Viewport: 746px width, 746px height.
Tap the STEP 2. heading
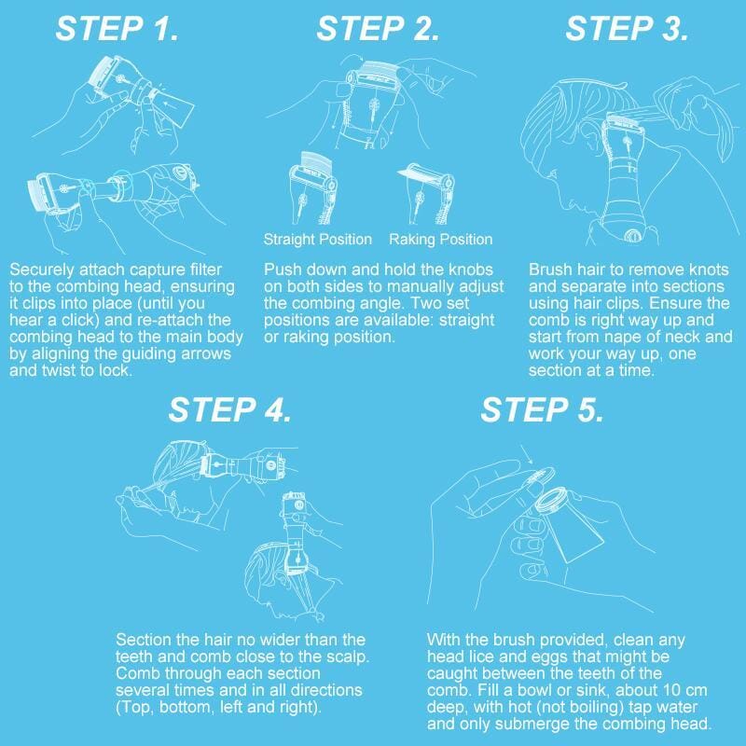pyautogui.click(x=378, y=29)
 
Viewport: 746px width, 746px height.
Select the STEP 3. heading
pyautogui.click(x=627, y=29)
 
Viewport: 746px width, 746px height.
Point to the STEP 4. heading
pyautogui.click(x=230, y=409)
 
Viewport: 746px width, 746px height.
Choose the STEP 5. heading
pyautogui.click(x=543, y=409)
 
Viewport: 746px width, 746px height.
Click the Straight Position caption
pyautogui.click(x=317, y=240)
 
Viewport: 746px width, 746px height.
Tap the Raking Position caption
pyautogui.click(x=440, y=240)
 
